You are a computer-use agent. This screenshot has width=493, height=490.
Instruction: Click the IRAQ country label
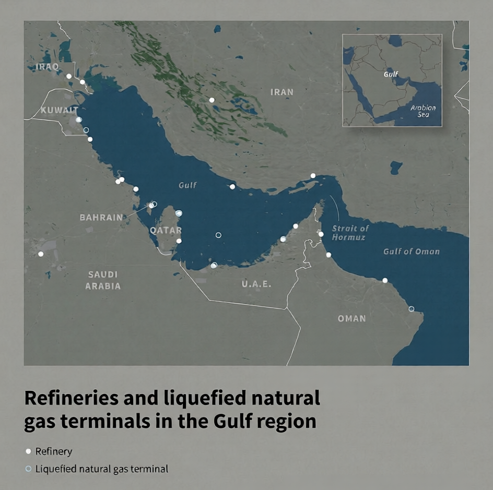tap(48, 67)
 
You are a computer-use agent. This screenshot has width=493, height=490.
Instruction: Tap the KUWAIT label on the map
tap(59, 110)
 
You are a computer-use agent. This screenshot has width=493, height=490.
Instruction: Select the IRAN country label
tap(282, 92)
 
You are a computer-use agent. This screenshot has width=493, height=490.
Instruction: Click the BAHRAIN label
tap(101, 217)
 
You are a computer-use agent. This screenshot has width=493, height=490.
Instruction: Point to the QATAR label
tap(166, 230)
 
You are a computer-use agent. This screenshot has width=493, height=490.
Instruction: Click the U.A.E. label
tap(256, 284)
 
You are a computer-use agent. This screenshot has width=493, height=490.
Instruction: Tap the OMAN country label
tap(351, 318)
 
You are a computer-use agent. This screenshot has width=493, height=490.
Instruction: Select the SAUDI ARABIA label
tap(103, 280)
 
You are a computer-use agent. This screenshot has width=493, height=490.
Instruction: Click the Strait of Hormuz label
tap(350, 233)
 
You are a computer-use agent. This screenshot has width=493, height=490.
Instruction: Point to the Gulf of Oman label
tap(411, 252)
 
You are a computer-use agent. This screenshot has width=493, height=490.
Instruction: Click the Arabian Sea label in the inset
tap(422, 111)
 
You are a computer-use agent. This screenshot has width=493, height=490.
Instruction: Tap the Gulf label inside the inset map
tap(391, 75)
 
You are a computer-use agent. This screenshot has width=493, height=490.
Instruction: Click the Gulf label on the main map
tap(187, 185)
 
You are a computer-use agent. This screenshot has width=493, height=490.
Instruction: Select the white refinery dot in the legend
tap(28, 451)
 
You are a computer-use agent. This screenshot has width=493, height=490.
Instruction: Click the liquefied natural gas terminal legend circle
tap(28, 469)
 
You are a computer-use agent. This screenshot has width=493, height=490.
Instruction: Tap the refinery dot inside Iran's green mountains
tap(212, 100)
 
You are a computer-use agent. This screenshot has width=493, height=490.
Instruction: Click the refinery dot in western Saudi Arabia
tap(41, 254)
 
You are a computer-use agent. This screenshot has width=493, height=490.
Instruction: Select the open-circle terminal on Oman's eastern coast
tap(412, 309)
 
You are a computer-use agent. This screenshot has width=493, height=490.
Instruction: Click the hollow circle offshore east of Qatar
tap(218, 235)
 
